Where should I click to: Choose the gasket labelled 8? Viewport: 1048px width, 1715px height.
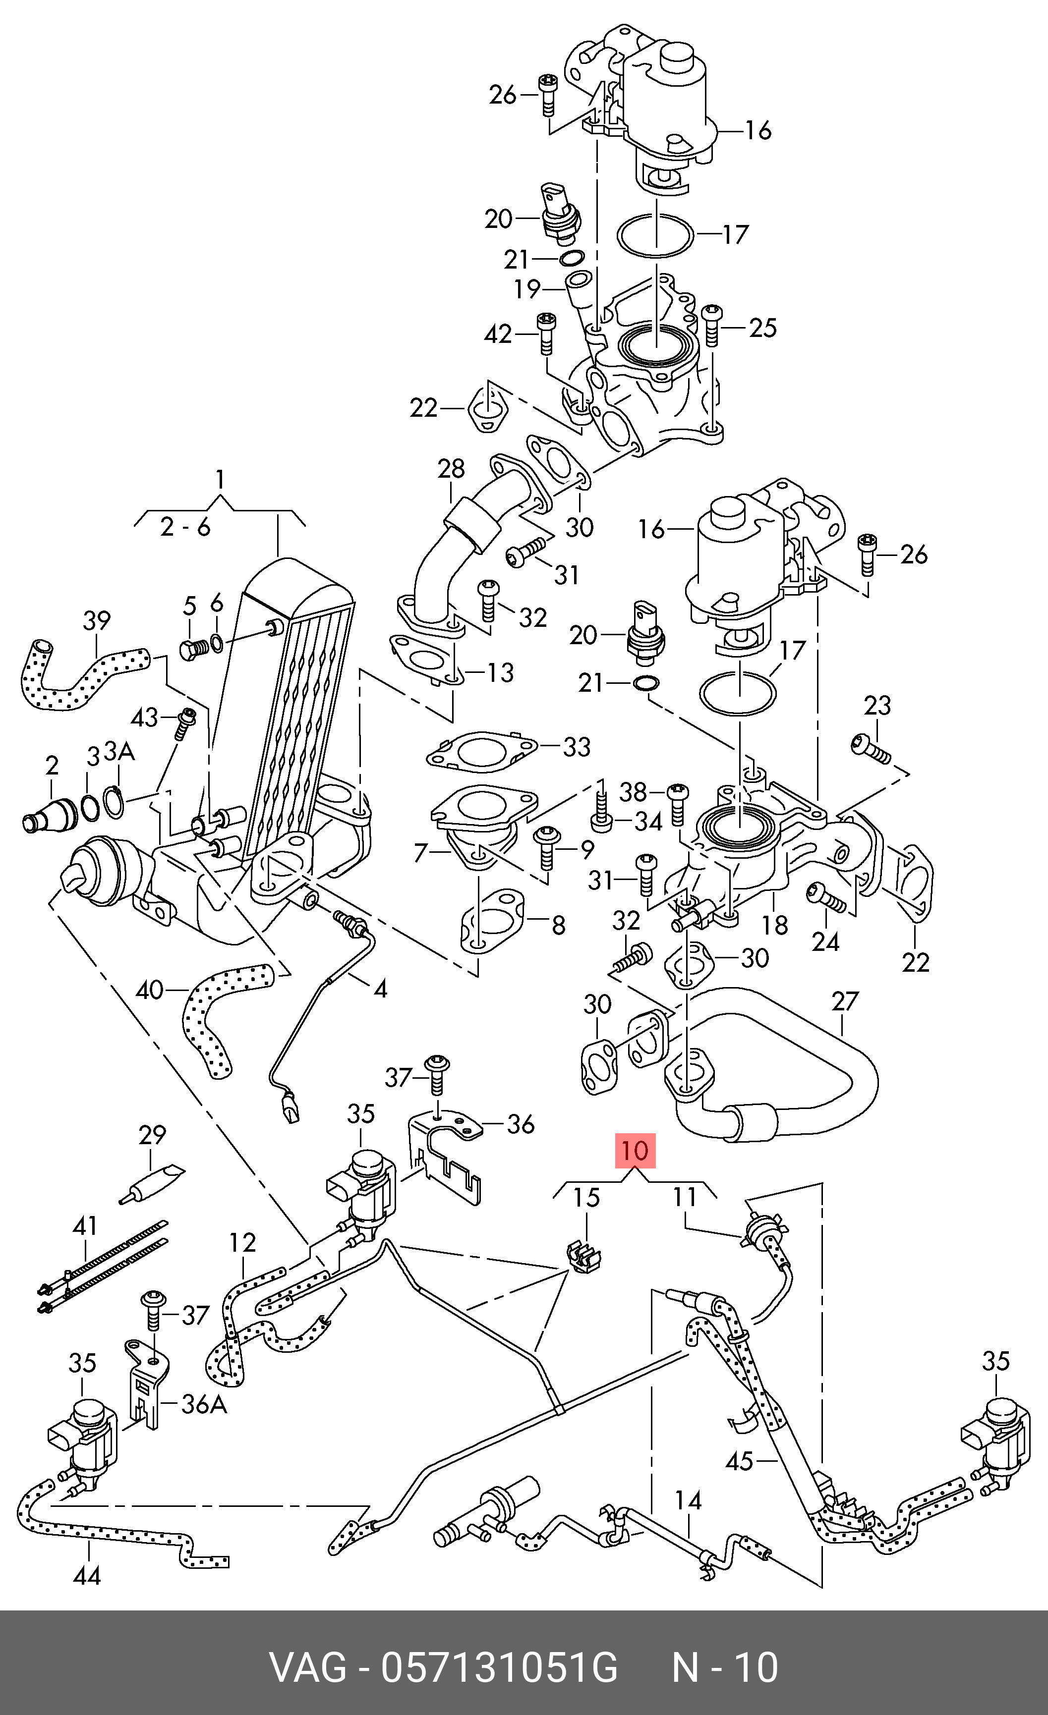pos(491,924)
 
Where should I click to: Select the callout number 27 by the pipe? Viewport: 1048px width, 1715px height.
pos(845,1001)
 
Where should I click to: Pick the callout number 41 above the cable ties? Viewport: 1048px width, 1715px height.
pos(85,1225)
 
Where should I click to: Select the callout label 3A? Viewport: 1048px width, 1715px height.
pos(118,751)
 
